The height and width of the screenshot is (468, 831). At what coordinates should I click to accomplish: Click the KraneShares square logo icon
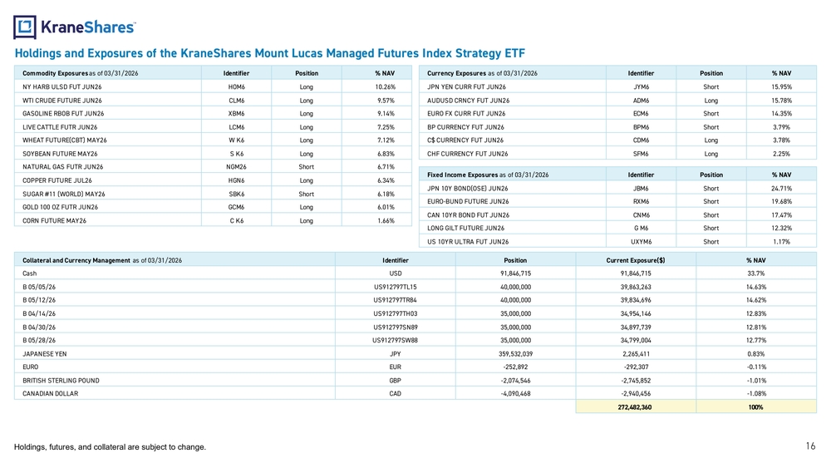(x=25, y=27)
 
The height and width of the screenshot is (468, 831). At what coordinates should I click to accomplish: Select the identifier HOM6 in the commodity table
(x=236, y=87)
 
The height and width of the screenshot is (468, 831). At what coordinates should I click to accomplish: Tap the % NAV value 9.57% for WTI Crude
(x=386, y=101)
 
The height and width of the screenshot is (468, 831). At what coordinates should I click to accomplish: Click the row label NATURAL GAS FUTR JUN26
(x=62, y=167)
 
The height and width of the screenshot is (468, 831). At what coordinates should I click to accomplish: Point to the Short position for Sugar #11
(x=307, y=194)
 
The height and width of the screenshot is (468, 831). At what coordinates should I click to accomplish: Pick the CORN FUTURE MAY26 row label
(x=54, y=220)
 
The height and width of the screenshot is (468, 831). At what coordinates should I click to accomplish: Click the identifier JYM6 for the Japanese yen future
(x=642, y=87)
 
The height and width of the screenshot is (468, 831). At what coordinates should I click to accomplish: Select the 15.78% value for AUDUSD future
(x=781, y=101)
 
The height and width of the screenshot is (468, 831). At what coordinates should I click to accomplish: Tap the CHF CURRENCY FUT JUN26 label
(x=467, y=154)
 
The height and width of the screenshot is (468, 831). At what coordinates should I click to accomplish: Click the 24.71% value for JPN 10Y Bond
(x=781, y=188)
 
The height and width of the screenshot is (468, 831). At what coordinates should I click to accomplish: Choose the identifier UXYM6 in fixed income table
(x=642, y=242)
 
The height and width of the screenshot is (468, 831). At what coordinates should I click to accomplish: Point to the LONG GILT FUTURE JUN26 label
(x=466, y=228)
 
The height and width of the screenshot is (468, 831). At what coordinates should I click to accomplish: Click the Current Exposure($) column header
(x=636, y=260)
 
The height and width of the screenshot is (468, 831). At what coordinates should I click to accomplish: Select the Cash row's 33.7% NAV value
(x=755, y=273)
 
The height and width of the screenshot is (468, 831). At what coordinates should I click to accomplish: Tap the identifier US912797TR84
(x=396, y=300)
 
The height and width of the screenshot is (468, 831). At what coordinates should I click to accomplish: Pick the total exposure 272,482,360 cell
(x=636, y=407)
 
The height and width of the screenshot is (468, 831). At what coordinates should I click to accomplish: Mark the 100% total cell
(x=756, y=407)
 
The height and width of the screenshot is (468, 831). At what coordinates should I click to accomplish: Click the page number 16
(x=810, y=446)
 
